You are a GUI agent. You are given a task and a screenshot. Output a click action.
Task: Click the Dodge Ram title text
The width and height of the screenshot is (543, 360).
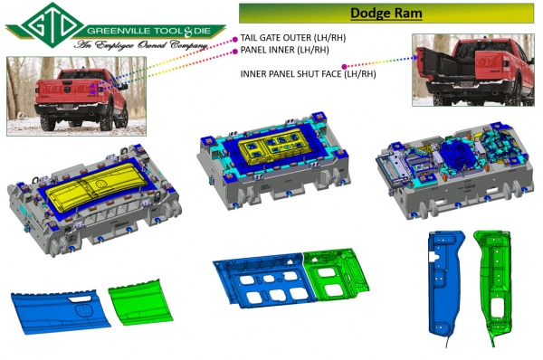click(x=386, y=14)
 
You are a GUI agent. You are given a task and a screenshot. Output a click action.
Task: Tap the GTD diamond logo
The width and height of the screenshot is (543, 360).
click(x=52, y=25)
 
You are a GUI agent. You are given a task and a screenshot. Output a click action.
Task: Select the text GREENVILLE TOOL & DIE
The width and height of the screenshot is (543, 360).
click(x=149, y=31)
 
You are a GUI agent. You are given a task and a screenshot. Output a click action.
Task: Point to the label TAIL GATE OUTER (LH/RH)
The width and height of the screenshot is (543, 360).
click(x=293, y=38)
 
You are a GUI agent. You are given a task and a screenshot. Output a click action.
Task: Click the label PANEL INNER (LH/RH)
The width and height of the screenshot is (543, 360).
click(x=284, y=50)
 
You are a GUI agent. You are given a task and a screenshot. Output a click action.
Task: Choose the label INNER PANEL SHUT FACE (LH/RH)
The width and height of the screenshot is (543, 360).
click(x=308, y=74)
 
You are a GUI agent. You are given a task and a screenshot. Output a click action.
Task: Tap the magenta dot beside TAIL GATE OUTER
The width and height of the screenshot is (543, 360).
click(x=234, y=40)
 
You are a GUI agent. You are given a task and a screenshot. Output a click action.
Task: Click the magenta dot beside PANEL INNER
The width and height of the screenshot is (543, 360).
click(x=234, y=52)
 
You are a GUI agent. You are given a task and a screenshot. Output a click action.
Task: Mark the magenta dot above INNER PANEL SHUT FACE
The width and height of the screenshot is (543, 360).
click(x=344, y=66)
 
